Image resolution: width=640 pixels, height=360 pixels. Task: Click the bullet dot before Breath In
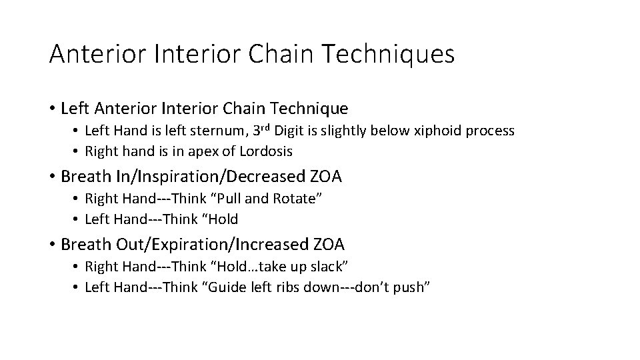point(52,177)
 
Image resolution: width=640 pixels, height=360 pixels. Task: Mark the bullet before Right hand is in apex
point(77,152)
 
